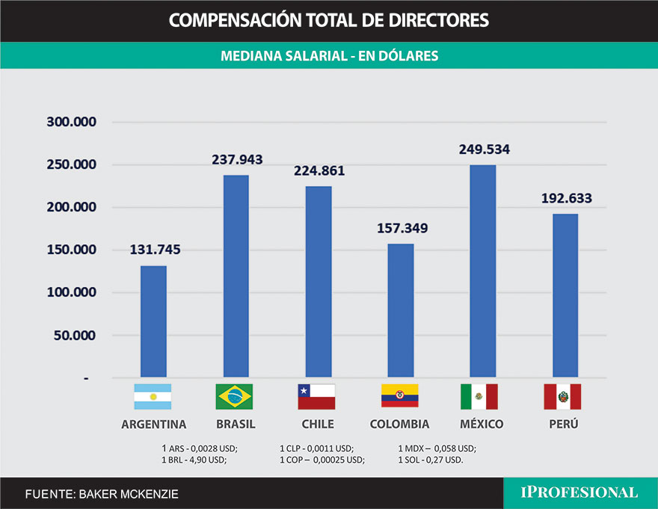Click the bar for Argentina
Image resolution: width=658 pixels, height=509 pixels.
click(153, 321)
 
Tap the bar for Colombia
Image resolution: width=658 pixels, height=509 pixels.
click(400, 310)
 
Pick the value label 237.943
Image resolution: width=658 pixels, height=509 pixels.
click(236, 160)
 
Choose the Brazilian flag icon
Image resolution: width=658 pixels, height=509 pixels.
click(234, 397)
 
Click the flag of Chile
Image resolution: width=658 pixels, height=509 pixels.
click(316, 397)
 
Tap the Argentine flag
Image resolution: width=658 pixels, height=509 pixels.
click(153, 397)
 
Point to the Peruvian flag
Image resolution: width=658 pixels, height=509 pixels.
click(562, 397)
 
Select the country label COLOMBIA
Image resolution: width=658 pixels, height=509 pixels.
click(399, 425)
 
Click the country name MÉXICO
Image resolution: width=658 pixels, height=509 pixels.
click(482, 425)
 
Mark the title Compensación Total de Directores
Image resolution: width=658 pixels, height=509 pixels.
click(329, 20)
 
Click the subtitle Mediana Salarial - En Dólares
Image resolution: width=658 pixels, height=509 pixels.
click(329, 56)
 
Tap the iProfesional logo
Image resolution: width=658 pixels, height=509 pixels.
click(579, 493)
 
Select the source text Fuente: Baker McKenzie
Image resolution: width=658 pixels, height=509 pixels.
click(102, 494)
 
